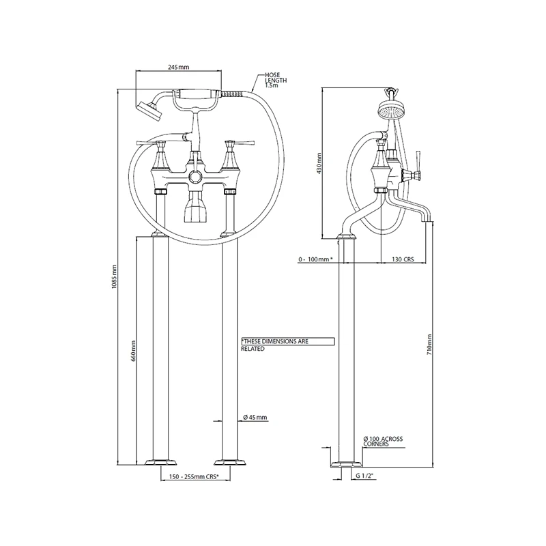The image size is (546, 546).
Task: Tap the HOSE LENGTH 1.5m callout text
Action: point(276,81)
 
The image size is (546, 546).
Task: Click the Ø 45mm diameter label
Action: point(255,418)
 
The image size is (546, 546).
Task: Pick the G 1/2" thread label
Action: point(366,476)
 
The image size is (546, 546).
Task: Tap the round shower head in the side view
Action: point(389,111)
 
